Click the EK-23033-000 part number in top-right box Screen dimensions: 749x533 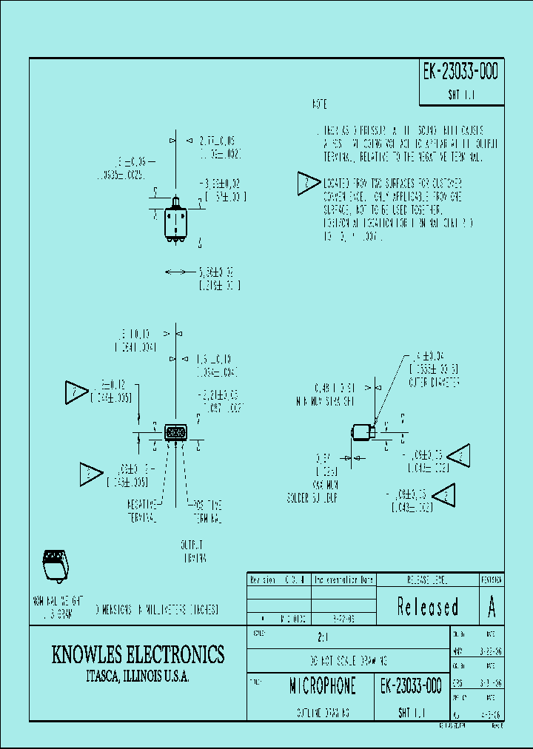[x=460, y=73]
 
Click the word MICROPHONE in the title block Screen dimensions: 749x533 [x=322, y=686]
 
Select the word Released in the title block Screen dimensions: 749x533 [x=428, y=607]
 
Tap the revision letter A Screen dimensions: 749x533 [x=492, y=607]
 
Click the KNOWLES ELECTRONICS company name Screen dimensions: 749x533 [x=138, y=654]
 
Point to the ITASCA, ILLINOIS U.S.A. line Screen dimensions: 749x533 [x=138, y=677]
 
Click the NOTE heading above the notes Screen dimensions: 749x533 [x=319, y=105]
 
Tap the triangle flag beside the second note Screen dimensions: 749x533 [x=307, y=184]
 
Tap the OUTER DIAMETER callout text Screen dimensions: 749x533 [x=435, y=383]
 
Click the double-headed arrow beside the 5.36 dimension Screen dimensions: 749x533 [x=175, y=273]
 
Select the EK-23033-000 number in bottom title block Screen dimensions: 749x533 [x=412, y=686]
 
